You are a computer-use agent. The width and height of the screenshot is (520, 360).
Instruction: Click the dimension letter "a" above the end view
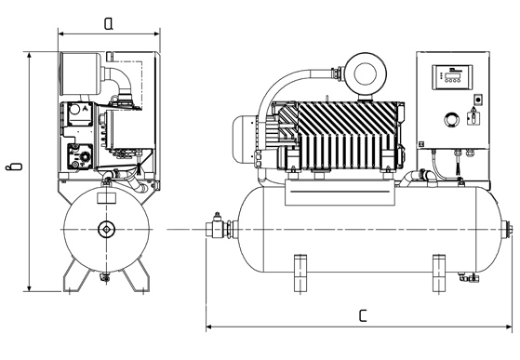109,23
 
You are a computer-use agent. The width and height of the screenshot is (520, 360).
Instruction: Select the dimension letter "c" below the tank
363,316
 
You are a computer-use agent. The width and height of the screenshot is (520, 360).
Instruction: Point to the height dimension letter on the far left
15,166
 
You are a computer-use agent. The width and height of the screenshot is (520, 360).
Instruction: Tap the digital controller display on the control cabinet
452,77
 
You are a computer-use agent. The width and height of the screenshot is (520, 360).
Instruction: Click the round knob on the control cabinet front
452,120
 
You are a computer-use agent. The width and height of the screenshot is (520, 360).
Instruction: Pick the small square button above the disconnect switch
478,99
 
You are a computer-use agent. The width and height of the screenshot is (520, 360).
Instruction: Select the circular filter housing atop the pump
366,73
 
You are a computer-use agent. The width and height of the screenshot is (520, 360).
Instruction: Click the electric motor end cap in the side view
245,140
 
